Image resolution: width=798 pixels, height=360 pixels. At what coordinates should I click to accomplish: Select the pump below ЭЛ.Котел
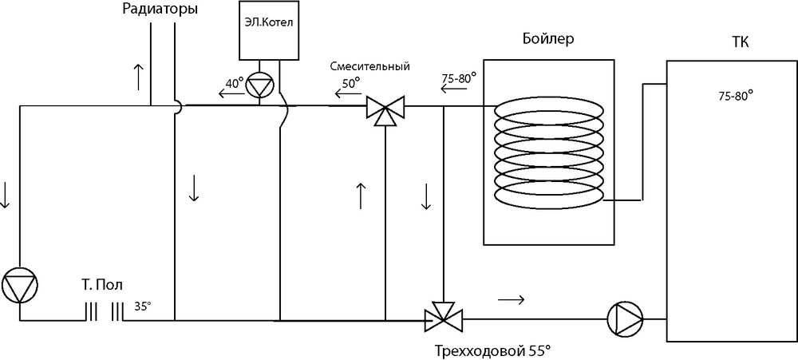tap(259, 85)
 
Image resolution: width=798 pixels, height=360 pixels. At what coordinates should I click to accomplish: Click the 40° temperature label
tap(234, 83)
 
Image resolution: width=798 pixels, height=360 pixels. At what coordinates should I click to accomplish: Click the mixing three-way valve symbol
tap(385, 108)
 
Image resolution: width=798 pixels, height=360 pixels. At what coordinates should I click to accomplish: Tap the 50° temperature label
tap(351, 81)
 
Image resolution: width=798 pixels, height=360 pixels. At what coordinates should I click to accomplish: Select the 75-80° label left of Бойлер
tap(458, 78)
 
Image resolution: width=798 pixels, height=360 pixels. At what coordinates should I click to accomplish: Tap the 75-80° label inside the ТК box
tap(736, 96)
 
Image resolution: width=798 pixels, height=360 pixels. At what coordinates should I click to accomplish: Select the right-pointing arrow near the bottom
tap(511, 300)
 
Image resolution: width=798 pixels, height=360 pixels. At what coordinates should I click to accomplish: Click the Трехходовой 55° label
tap(493, 350)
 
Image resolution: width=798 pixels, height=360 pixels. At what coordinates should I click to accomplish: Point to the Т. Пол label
tap(103, 285)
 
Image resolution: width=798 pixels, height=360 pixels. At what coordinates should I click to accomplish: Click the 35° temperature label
tap(142, 306)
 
